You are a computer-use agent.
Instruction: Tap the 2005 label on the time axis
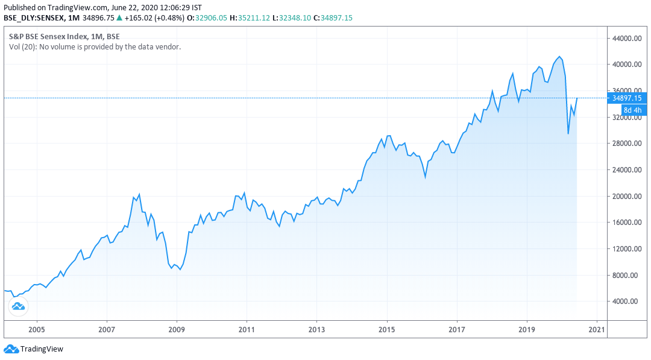pyautogui.click(x=37, y=330)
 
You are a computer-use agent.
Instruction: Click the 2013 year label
pyautogui.click(x=316, y=330)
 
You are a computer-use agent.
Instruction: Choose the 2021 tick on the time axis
pyautogui.click(x=597, y=330)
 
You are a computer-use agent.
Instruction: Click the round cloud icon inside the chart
pyautogui.click(x=18, y=306)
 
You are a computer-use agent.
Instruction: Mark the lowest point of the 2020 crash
pyautogui.click(x=568, y=134)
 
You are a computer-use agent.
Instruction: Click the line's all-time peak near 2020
pyautogui.click(x=561, y=57)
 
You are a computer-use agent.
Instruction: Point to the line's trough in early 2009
pyautogui.click(x=180, y=270)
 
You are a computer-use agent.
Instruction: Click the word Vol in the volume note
pyautogui.click(x=14, y=46)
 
